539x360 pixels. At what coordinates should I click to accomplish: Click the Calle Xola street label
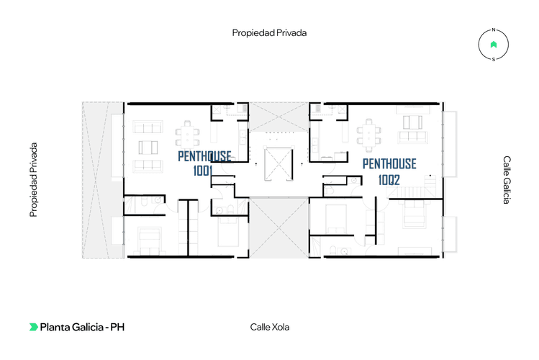[269, 327]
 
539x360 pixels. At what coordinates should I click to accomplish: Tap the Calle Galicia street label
[507, 180]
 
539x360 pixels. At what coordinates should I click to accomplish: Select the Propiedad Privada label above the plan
[269, 33]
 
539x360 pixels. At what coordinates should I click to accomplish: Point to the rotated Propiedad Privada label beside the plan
[33, 180]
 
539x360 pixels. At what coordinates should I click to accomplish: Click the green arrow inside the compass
[494, 45]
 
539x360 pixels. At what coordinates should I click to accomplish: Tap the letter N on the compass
[494, 30]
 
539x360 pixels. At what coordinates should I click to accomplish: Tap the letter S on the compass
[494, 60]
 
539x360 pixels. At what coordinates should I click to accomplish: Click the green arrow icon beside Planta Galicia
[33, 327]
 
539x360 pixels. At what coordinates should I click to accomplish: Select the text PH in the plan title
[117, 327]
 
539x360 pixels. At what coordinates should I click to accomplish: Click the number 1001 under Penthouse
[203, 171]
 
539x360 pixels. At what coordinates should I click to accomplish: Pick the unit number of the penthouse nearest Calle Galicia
[389, 180]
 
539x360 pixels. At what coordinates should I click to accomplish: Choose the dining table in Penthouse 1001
[187, 133]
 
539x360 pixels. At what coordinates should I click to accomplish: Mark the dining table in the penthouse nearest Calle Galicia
[369, 135]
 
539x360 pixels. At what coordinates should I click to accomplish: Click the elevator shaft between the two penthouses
[278, 163]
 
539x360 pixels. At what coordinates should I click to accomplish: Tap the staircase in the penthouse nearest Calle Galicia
[412, 189]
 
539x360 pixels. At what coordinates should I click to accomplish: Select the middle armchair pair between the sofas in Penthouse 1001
[148, 148]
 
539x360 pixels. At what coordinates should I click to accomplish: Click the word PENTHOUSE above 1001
[204, 156]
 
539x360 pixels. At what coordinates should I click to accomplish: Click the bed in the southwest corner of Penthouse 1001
[150, 240]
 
